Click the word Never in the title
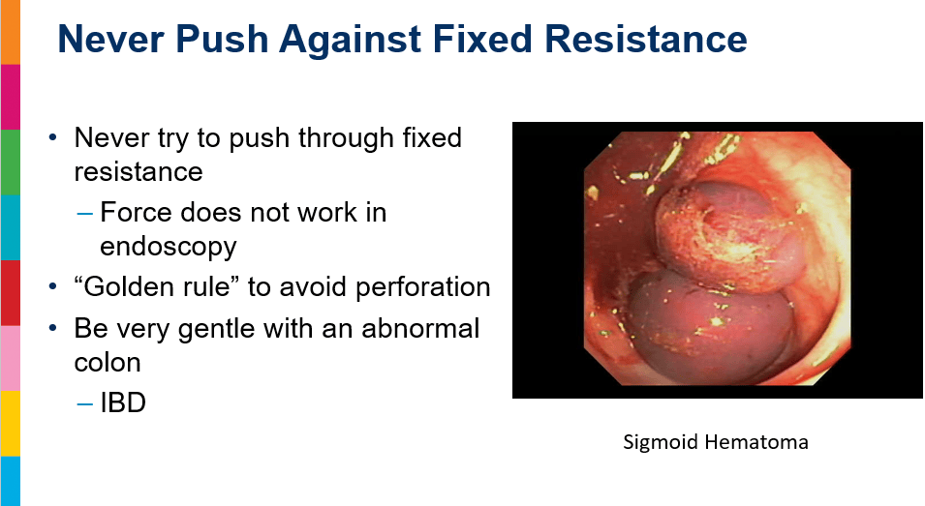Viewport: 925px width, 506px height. coord(111,39)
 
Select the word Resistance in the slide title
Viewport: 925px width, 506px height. coord(646,39)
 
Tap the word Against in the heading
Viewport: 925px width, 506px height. coord(351,40)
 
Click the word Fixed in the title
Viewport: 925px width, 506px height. coord(482,39)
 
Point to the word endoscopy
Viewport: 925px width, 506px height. coord(169,246)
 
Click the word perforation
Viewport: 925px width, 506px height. coord(423,287)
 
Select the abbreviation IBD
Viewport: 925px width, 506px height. coord(123,402)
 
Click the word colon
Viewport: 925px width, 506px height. coord(108,362)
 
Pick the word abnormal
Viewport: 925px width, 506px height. coord(420,328)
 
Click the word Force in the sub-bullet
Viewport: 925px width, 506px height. coord(137,212)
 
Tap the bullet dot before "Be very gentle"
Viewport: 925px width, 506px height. coord(53,327)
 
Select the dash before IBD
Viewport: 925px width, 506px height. coord(85,404)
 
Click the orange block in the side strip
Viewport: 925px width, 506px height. coord(10,32)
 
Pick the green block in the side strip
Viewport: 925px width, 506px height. coord(10,162)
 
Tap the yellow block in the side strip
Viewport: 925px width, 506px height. coord(10,424)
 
